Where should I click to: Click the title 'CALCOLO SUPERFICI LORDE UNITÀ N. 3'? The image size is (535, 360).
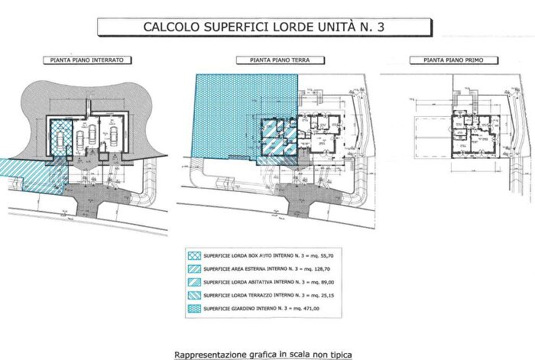coord(267,27)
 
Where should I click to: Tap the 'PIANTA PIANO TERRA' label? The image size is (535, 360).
coord(267,60)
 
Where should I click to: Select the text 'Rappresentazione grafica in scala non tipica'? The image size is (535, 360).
coord(267,354)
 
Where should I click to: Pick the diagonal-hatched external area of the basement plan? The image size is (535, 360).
coord(23,172)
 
